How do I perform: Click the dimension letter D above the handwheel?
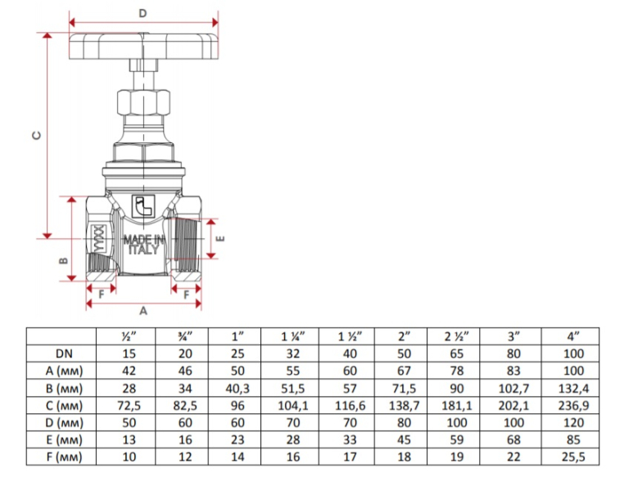coord(142,13)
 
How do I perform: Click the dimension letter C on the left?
coord(34,136)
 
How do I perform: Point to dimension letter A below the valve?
coord(143,311)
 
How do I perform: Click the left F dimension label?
coord(102,292)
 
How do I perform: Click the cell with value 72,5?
coord(129,405)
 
